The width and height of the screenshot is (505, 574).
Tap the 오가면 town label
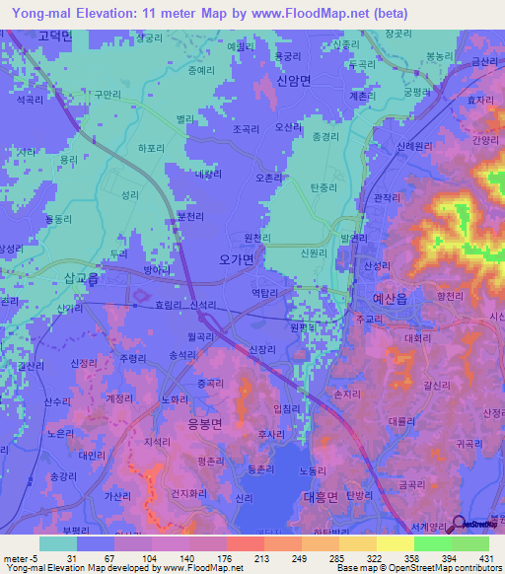(x=234, y=258)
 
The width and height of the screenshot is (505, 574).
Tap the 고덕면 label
(x=56, y=36)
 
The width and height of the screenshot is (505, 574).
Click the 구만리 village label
(x=108, y=94)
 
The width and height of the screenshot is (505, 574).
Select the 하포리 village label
(x=151, y=149)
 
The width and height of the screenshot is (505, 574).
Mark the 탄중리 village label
(x=324, y=186)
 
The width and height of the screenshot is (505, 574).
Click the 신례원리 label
(x=414, y=146)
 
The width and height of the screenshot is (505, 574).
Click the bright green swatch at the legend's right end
(x=470, y=543)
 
